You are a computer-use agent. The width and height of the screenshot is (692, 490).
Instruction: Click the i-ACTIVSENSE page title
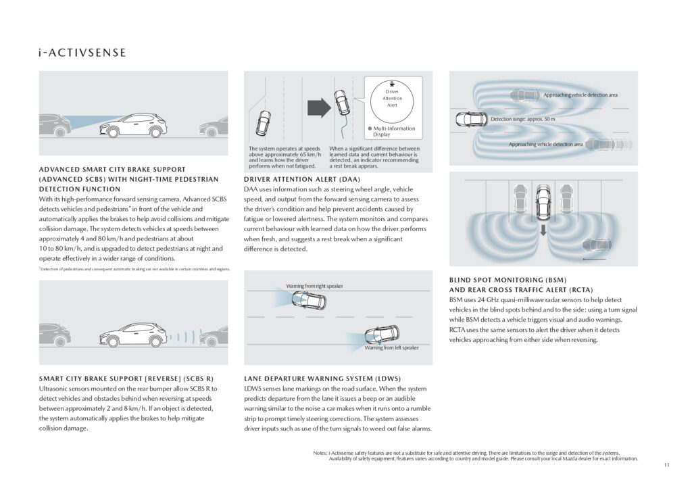(82, 52)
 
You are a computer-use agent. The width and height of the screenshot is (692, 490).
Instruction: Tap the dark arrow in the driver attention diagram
(317, 107)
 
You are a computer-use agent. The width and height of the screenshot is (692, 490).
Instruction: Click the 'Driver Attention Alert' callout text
(392, 98)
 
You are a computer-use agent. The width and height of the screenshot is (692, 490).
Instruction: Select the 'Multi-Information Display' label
(395, 131)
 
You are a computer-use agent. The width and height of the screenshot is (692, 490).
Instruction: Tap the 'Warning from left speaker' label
(391, 347)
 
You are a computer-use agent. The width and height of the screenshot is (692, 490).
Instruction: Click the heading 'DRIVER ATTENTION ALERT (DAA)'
(301, 179)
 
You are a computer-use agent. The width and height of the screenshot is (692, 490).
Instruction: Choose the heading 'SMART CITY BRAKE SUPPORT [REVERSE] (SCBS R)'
(126, 378)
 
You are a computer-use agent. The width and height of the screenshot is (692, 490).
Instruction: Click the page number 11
(666, 465)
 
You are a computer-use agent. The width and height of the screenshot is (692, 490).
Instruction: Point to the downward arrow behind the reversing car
(543, 231)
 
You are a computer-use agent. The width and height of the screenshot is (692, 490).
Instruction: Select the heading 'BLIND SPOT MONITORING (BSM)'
(508, 279)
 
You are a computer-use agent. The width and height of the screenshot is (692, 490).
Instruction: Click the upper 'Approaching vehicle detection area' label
(580, 95)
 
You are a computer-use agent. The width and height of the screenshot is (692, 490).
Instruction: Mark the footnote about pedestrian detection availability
(134, 269)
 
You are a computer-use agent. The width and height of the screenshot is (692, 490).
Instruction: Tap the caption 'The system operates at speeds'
(284, 149)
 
